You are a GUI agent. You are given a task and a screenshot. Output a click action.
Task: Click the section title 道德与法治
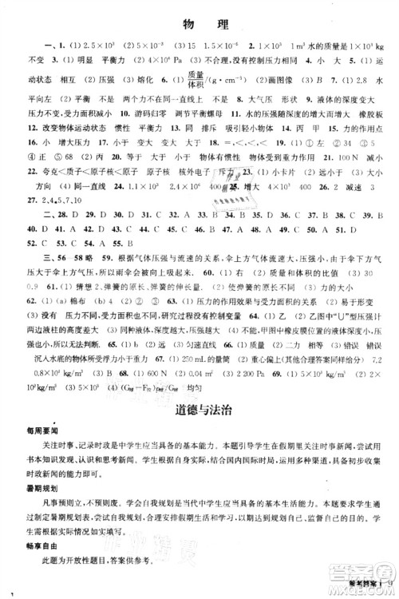[x=199, y=410]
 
